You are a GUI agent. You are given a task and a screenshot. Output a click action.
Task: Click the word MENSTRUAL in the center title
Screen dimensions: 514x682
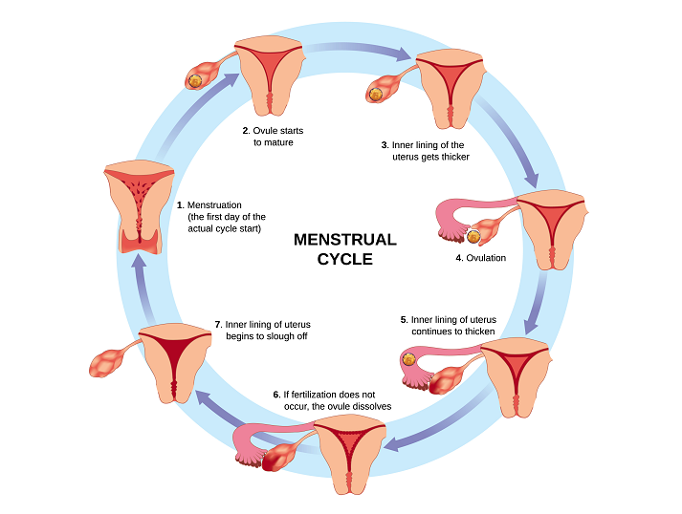tap(344, 239)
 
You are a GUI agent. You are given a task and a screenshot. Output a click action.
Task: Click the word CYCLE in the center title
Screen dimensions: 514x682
tap(344, 259)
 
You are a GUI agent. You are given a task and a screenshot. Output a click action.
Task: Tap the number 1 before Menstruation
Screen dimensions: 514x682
tap(180, 204)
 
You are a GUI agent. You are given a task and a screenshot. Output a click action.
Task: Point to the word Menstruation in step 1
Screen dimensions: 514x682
tap(214, 204)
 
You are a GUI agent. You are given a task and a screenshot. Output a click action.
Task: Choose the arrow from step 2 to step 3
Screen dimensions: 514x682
tap(362, 52)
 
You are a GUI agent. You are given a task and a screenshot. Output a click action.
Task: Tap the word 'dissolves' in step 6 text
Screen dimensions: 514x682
tap(368, 407)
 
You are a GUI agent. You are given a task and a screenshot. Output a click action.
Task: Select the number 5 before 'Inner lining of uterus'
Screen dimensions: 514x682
tap(403, 319)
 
